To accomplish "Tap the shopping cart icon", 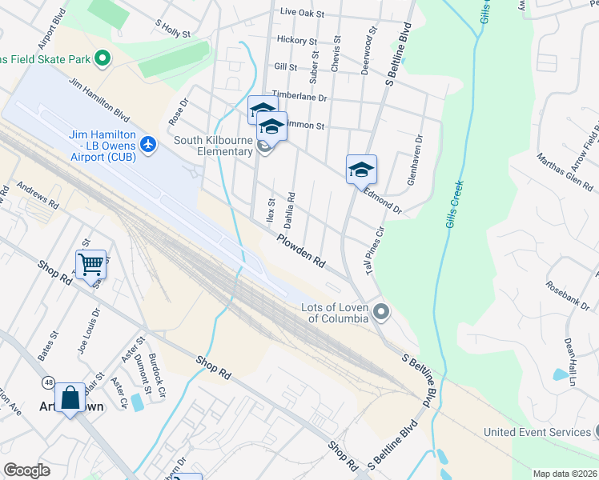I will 90,263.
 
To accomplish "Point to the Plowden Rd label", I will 301,250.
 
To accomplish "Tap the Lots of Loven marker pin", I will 381,311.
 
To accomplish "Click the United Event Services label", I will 537,432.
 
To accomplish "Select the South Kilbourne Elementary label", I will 214,146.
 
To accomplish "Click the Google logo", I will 26,470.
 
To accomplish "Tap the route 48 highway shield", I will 50,383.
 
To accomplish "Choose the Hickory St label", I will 296,40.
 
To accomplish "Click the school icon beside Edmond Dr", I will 361,169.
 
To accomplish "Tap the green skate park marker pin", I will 103,58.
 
